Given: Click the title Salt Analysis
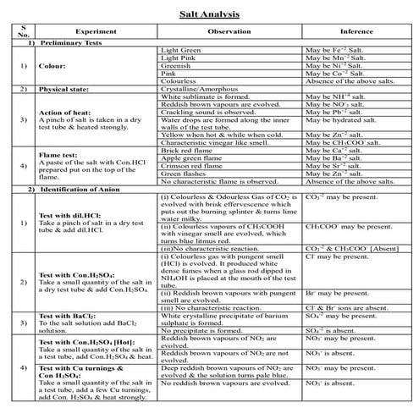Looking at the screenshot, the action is [209, 15].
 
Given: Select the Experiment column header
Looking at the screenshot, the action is [95, 30].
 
